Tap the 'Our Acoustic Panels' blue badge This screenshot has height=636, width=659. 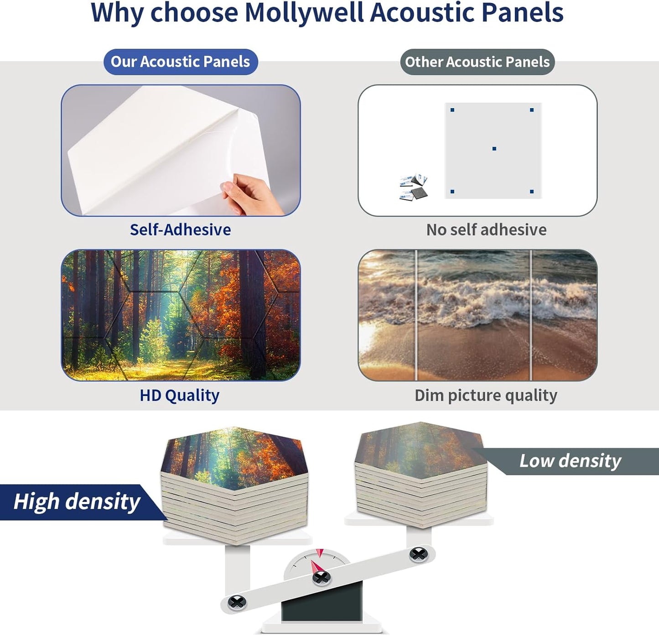coord(181,62)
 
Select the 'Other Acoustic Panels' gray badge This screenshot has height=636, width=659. coord(477,62)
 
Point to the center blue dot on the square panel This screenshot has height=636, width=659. coord(494,149)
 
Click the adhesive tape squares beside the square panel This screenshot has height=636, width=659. coord(414,187)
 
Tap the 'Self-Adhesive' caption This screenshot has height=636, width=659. coord(180,229)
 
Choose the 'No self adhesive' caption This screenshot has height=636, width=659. coord(486,229)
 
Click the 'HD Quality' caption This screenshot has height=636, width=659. coord(180,395)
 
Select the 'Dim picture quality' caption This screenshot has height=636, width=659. coord(486,395)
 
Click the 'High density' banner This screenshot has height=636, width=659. coord(77,502)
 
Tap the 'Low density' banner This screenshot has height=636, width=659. coord(570,461)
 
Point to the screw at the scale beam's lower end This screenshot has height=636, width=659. coord(237,602)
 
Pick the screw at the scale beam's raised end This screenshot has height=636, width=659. coord(418,554)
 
